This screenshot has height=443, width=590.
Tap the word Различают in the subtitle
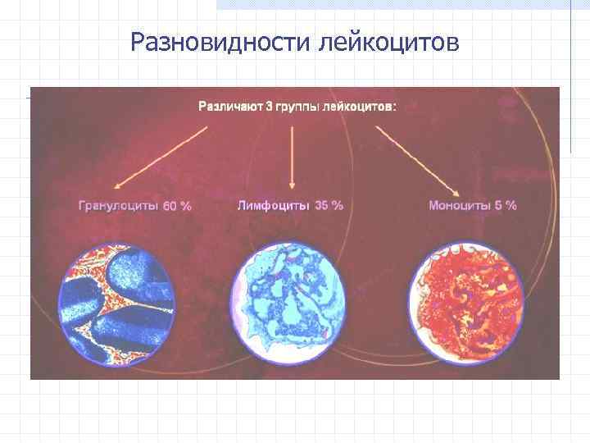click(225, 107)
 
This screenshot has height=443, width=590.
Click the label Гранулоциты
click(118, 206)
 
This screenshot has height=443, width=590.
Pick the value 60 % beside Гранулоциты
click(177, 207)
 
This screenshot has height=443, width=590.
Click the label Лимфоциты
click(273, 205)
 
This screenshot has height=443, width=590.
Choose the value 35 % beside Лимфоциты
click(329, 205)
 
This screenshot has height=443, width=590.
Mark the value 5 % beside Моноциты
click(506, 205)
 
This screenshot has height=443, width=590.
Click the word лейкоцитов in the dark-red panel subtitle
click(357, 107)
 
